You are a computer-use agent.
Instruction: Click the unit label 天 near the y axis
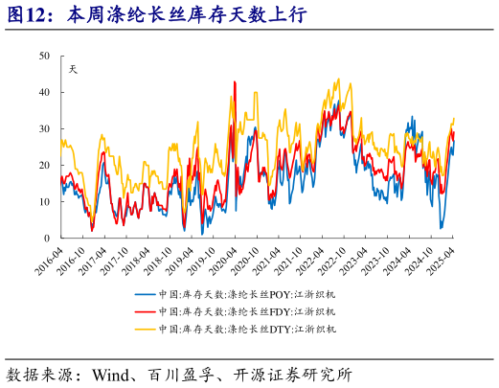click(x=74, y=68)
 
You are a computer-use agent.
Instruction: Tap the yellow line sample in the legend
click(x=144, y=329)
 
